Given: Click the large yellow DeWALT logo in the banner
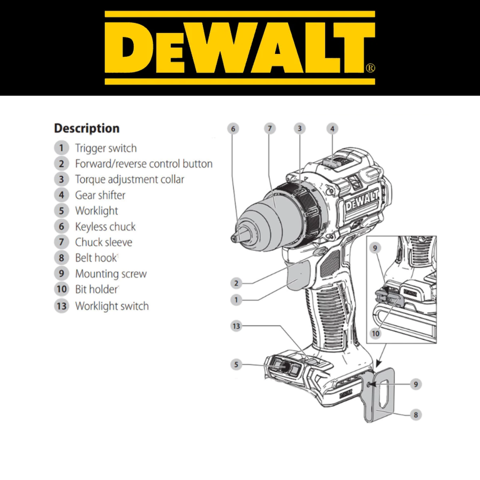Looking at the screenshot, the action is pyautogui.click(x=240, y=48).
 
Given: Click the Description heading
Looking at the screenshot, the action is pyautogui.click(x=87, y=128).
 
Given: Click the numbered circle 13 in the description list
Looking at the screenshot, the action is pyautogui.click(x=61, y=306).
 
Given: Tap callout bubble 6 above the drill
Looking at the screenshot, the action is pyautogui.click(x=233, y=129).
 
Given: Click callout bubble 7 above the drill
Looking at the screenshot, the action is pyautogui.click(x=270, y=128).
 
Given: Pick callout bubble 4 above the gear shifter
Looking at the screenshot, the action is pyautogui.click(x=332, y=129).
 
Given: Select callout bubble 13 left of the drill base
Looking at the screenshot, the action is pyautogui.click(x=236, y=326).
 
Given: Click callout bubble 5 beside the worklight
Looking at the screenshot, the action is pyautogui.click(x=236, y=365).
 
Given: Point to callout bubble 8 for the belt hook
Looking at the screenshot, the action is pyautogui.click(x=416, y=415).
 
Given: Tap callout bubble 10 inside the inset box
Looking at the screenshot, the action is pyautogui.click(x=375, y=333).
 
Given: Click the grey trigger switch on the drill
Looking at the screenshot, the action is pyautogui.click(x=300, y=276).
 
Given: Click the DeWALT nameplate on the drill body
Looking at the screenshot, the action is pyautogui.click(x=362, y=202).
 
